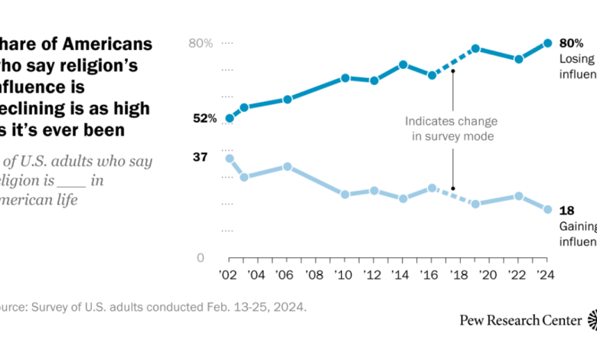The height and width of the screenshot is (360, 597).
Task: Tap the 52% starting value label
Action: pos(204,119)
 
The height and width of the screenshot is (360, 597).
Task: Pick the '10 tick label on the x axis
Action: pos(345,276)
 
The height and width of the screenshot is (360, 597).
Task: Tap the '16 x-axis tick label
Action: pos(432,276)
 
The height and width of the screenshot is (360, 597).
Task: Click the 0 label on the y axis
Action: pos(201,258)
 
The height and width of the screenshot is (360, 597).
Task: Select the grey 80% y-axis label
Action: pos(201,44)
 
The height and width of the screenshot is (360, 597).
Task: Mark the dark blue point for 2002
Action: pos(229,118)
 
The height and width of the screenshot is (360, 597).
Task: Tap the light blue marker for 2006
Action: pos(287,166)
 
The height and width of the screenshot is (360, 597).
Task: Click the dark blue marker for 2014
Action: pos(403,64)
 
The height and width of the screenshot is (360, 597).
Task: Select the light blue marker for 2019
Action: pos(475,204)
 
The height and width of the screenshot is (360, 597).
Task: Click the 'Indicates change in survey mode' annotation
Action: pos(451,129)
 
